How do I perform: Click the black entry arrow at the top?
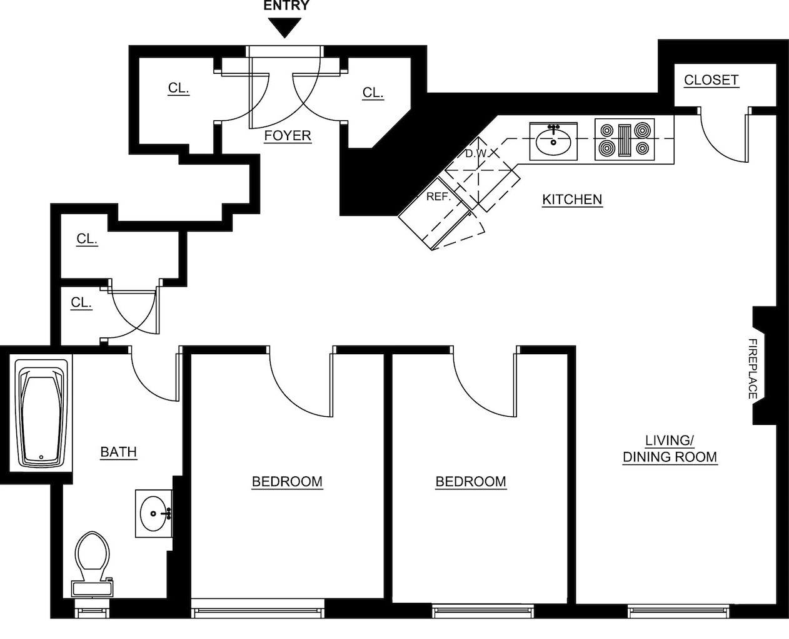[x=284, y=28]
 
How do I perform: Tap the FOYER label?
[x=288, y=136]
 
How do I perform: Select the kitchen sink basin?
[x=553, y=141]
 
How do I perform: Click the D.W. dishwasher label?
[x=478, y=153]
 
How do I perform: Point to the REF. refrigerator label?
[x=439, y=197]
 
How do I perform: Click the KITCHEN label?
[x=572, y=200]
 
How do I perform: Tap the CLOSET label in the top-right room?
[x=711, y=80]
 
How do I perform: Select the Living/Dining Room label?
[x=670, y=449]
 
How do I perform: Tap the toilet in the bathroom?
[x=93, y=564]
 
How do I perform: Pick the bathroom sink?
[x=154, y=514]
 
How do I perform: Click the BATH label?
[x=119, y=452]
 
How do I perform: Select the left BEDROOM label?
[x=287, y=482]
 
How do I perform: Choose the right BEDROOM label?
[x=471, y=482]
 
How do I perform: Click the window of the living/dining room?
[x=678, y=611]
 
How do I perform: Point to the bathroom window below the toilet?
[x=93, y=611]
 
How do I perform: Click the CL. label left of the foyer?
[x=179, y=88]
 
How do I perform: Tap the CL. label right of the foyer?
[x=373, y=93]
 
